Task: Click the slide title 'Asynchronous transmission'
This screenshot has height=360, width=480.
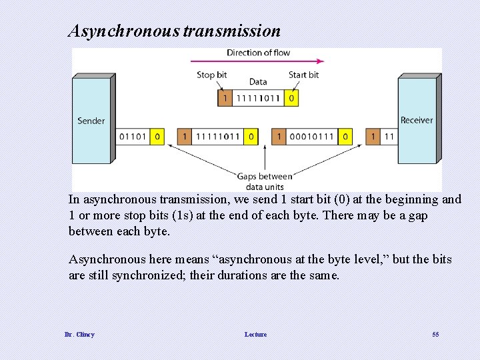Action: pos(175,31)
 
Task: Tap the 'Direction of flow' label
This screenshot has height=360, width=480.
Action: pos(258,53)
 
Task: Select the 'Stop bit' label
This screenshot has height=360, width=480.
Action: pos(211,75)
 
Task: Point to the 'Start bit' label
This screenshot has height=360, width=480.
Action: pos(303,75)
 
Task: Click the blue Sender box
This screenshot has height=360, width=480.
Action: pos(92,121)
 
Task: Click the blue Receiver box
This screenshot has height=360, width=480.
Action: pos(417,121)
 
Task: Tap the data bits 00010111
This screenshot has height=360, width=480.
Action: pos(312,137)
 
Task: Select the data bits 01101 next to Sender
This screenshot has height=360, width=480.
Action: pos(133,137)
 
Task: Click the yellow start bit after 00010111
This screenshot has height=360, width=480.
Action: pos(345,137)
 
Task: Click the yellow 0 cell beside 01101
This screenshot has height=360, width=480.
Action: pos(157,137)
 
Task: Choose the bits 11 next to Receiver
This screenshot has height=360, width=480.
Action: pos(389,137)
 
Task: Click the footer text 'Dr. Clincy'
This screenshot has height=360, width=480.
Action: pos(79,334)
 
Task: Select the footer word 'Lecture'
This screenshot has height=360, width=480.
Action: pos(255,334)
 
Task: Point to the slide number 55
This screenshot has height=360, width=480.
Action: pos(435,334)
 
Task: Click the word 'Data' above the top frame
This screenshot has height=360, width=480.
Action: pos(258,82)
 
